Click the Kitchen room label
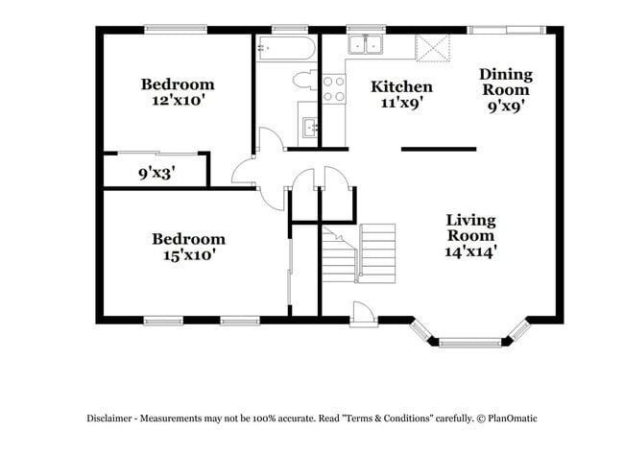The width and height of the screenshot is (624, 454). click(401, 86)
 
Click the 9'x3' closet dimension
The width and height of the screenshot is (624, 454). click(157, 175)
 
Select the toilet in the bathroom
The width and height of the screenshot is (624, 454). click(304, 80)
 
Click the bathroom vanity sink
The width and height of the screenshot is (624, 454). click(309, 125)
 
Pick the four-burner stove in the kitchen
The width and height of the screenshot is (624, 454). click(333, 89)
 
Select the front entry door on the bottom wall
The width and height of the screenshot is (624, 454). click(364, 311)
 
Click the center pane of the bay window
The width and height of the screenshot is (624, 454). click(469, 341)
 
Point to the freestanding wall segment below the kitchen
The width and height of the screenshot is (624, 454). click(438, 149)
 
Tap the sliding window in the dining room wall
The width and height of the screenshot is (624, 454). click(503, 30)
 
